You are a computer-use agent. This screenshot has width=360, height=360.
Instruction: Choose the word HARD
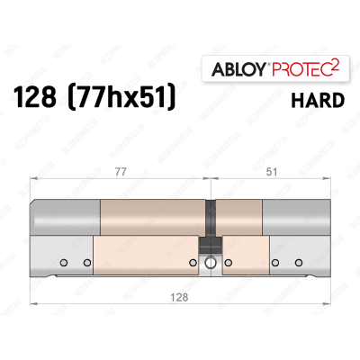tap(316, 101)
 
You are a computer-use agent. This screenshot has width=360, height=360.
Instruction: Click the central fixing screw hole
tap(210, 264)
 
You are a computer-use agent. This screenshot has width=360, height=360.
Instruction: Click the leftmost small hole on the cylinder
tap(65, 264)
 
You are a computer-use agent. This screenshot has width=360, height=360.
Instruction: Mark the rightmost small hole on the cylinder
tap(298, 264)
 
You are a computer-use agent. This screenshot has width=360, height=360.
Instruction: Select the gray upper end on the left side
tap(65, 219)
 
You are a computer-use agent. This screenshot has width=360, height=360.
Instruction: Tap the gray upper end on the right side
tap(297, 219)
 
